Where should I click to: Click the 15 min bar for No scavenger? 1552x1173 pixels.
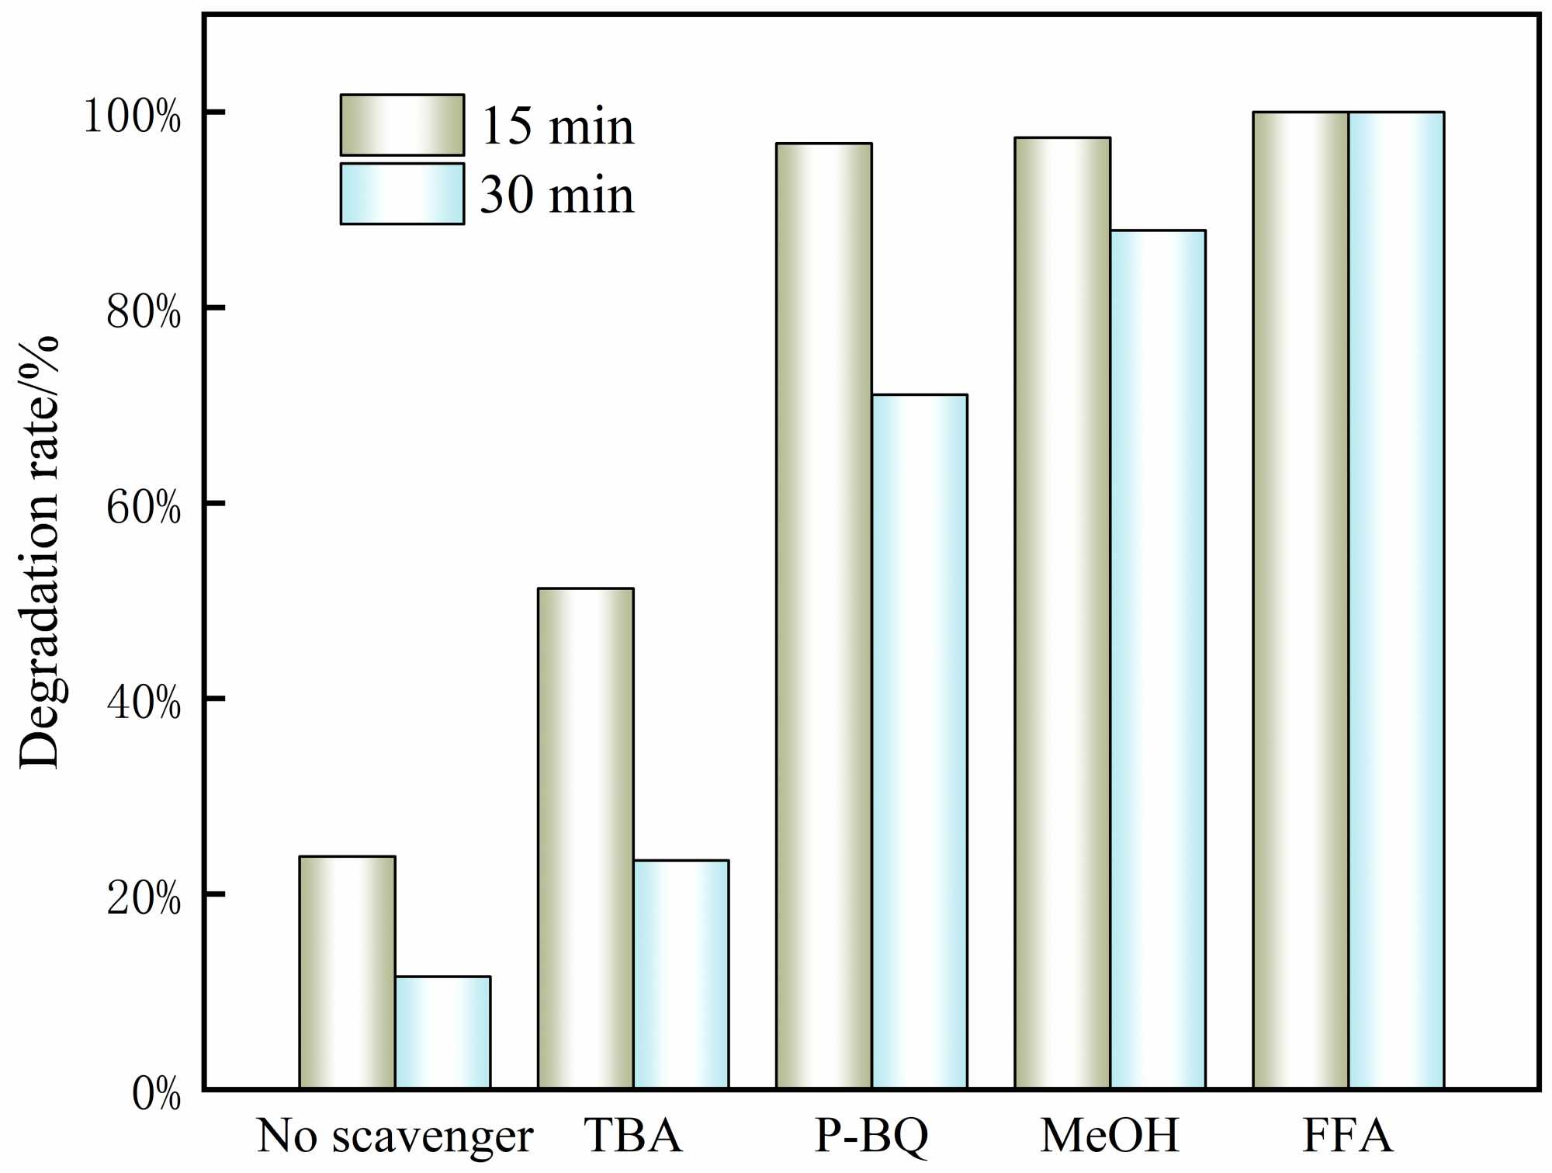click(x=347, y=972)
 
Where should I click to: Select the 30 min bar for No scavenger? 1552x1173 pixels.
click(x=442, y=1032)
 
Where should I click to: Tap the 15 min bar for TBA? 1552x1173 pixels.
click(x=585, y=838)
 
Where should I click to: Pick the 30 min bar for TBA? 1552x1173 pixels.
click(x=681, y=974)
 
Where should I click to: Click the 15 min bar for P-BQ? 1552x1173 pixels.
click(x=823, y=616)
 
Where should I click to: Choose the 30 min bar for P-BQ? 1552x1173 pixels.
click(x=919, y=741)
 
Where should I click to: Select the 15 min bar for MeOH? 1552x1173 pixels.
click(x=1062, y=613)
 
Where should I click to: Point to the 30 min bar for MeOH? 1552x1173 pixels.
click(x=1157, y=660)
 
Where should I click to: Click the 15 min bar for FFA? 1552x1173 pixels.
click(x=1301, y=600)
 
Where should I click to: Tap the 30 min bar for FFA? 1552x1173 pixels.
click(x=1396, y=600)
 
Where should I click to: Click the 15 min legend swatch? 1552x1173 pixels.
click(x=402, y=125)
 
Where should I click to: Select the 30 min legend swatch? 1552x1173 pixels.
click(x=402, y=193)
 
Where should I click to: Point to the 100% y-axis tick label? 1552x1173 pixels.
click(x=132, y=116)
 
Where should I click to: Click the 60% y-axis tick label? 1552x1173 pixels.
click(x=144, y=508)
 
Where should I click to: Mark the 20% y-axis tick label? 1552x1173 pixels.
click(x=144, y=899)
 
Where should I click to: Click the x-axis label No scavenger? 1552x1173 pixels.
click(x=394, y=1137)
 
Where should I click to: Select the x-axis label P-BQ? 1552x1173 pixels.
click(x=871, y=1137)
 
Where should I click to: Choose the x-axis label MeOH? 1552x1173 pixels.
click(x=1110, y=1137)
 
